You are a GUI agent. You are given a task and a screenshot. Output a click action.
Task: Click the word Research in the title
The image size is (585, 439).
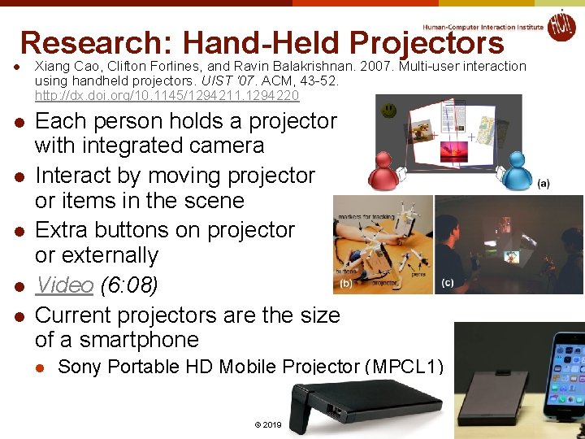(x=97, y=42)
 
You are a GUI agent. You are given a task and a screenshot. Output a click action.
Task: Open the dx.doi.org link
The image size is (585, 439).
(x=167, y=96)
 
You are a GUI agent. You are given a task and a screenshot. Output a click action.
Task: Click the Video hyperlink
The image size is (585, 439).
(x=64, y=285)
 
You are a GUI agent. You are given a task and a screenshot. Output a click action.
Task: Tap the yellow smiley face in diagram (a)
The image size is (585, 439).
(x=391, y=108)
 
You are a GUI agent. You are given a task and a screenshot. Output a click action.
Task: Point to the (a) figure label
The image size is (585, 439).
(x=543, y=184)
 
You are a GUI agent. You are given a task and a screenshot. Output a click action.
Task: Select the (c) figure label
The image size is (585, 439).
(x=448, y=282)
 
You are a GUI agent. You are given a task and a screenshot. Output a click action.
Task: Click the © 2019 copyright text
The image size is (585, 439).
(x=267, y=425)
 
